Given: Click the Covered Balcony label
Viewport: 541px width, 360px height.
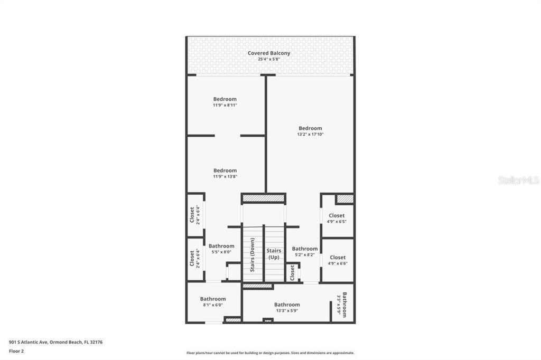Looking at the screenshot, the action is click(269, 53).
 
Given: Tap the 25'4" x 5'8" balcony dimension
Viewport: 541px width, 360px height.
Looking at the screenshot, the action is click(269, 59).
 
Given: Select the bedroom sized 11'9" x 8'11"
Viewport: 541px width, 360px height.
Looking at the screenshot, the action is click(225, 102).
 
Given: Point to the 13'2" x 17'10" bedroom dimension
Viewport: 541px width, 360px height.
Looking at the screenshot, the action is click(310, 134).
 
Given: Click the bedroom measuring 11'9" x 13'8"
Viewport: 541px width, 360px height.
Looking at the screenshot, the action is click(225, 173).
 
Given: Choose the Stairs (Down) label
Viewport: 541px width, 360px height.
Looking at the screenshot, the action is click(252, 255).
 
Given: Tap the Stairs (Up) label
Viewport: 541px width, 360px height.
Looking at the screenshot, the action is click(274, 254).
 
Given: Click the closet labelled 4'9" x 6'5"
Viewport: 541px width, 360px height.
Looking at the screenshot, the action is click(337, 219).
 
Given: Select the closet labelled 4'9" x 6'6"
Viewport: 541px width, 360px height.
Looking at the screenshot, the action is click(338, 260).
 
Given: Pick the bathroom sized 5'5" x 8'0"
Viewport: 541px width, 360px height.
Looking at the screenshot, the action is click(221, 249).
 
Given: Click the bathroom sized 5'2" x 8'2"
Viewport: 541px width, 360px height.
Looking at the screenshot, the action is click(305, 251).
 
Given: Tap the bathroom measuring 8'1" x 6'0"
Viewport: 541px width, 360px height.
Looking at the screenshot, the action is click(213, 302).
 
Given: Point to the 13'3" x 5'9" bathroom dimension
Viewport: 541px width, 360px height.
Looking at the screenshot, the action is click(287, 311).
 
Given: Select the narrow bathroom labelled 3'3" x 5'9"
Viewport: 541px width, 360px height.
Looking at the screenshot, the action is click(342, 305).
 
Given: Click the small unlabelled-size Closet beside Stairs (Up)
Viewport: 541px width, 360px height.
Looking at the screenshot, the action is click(292, 272).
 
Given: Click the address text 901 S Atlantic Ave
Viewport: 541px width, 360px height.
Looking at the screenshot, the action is click(29, 342).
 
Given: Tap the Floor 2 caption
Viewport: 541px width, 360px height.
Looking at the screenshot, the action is click(16, 351).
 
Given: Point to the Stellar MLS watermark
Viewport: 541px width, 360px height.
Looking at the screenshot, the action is click(518, 180).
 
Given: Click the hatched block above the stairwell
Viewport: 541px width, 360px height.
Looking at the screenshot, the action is click(263, 198).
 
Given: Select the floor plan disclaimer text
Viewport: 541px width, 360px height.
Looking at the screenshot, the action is click(270, 353).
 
